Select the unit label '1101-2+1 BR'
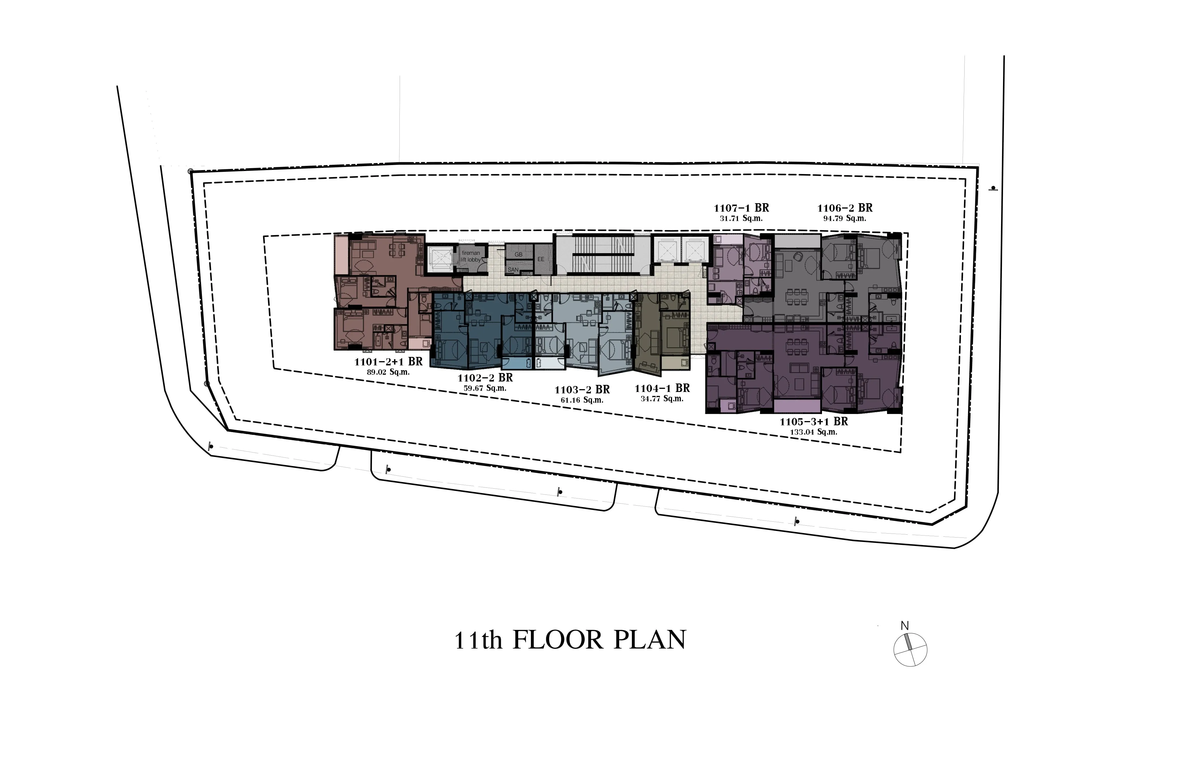[388, 362]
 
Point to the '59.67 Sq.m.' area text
[485, 389]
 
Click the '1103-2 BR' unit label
[582, 390]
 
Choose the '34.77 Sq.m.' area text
[662, 399]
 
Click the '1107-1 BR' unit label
[741, 208]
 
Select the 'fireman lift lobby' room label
[471, 256]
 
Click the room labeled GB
[518, 255]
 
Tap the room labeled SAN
[513, 270]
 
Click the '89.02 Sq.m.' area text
[388, 372]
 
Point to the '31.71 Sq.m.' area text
[741, 218]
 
